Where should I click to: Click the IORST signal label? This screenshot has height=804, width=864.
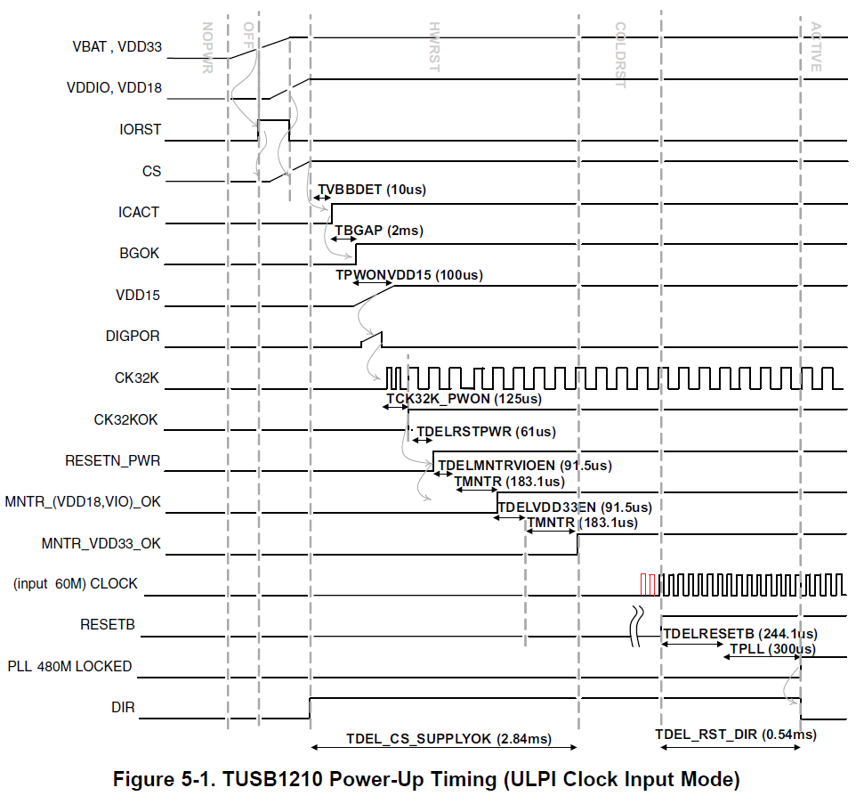(x=140, y=129)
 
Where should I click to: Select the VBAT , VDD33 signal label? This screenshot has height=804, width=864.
(x=117, y=47)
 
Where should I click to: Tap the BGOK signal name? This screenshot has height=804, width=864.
(x=140, y=254)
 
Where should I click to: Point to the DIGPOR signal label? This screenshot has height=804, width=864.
(x=133, y=337)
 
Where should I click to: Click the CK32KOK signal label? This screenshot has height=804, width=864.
(x=127, y=419)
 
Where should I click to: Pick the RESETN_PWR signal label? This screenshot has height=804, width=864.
(x=113, y=460)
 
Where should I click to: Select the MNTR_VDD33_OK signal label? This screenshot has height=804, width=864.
(x=101, y=543)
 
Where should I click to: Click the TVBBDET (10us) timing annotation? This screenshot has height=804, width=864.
(x=372, y=190)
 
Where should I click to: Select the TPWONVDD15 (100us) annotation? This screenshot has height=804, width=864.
(x=409, y=275)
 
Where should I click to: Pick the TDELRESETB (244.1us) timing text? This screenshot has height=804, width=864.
(x=740, y=633)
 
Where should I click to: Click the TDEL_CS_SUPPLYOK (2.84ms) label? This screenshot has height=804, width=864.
(x=448, y=739)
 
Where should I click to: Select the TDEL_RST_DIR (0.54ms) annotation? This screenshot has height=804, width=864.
(x=736, y=735)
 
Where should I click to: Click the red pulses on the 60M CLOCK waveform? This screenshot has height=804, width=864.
(x=648, y=584)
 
